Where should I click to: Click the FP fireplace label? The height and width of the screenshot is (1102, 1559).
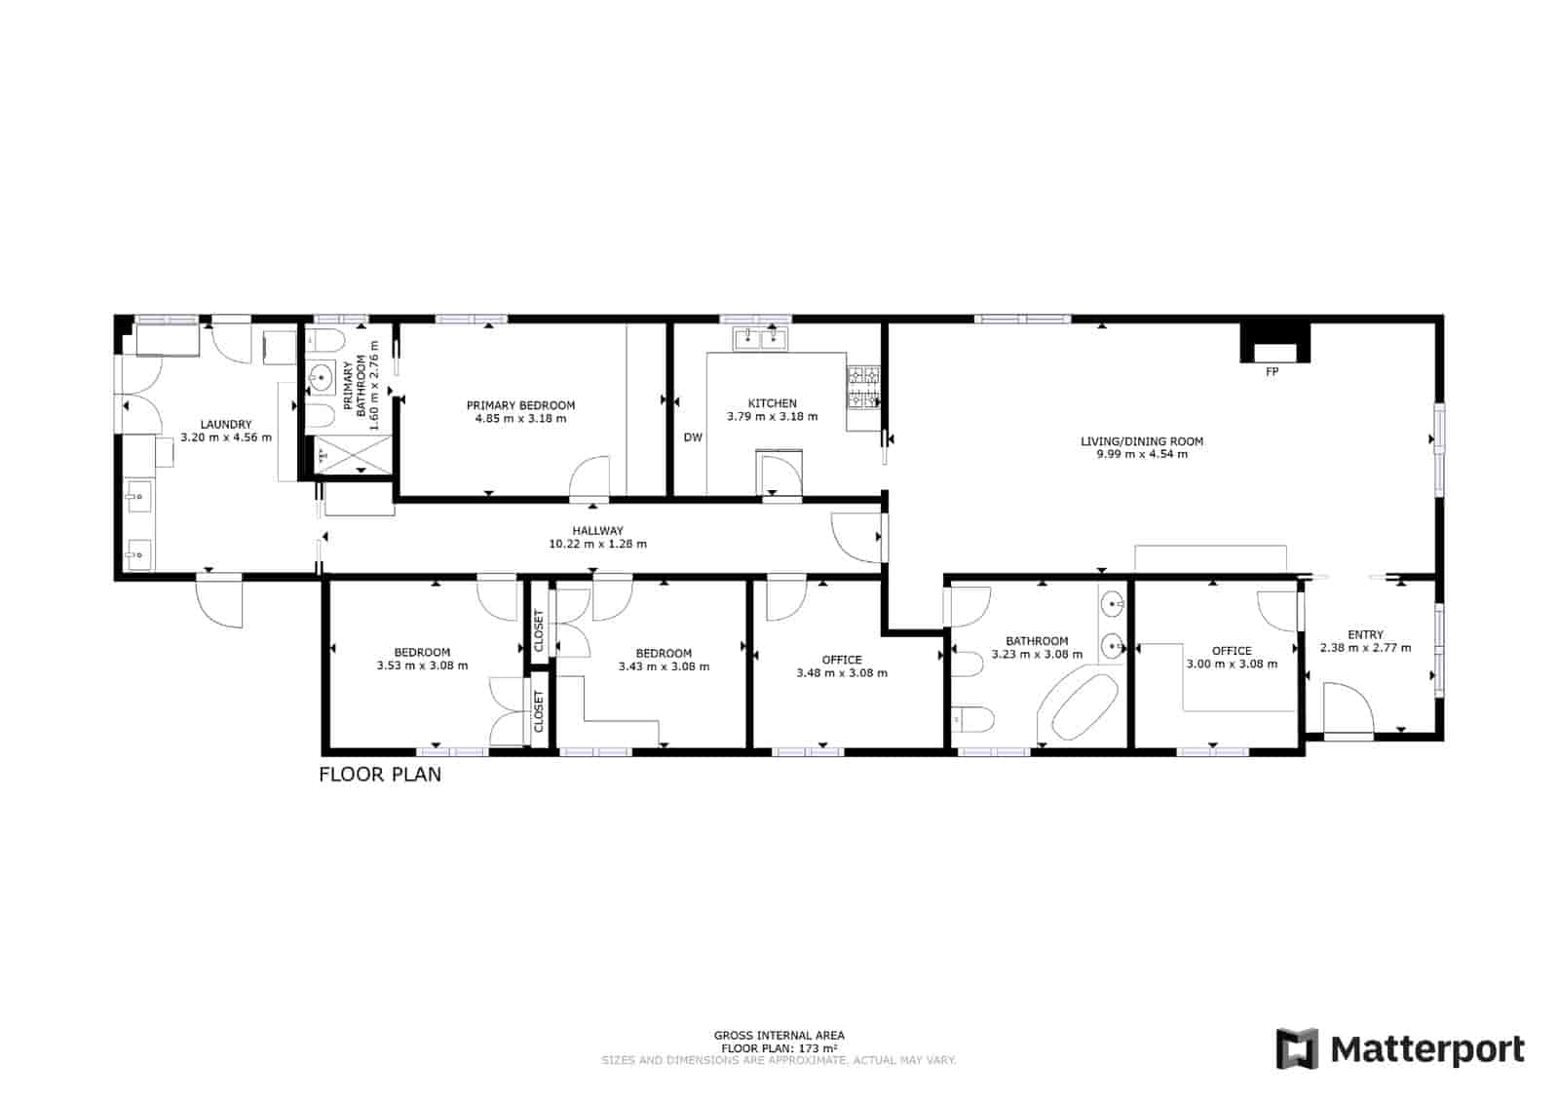pos(1272,372)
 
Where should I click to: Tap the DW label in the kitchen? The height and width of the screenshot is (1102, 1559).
pos(693,437)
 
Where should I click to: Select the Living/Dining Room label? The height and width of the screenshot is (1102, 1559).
pos(1141,441)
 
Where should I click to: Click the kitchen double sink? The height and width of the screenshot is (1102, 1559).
pos(761,338)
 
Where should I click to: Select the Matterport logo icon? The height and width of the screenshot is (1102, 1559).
pos(1297,1049)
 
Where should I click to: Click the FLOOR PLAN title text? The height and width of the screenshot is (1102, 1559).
pos(380,775)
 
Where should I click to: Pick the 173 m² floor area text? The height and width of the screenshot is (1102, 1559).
pos(779,1048)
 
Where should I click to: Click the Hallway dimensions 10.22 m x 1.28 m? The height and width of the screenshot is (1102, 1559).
pos(597,544)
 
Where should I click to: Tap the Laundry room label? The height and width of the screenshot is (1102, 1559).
pos(226,425)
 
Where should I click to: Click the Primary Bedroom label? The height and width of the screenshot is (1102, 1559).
pos(520,405)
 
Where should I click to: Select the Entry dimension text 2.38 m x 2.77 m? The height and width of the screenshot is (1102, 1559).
pos(1365,647)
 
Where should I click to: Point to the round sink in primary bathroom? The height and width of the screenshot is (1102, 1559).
pos(322,377)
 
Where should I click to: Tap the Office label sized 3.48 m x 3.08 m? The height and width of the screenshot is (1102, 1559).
pos(842,660)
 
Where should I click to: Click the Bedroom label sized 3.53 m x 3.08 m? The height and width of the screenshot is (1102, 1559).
pos(422,653)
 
